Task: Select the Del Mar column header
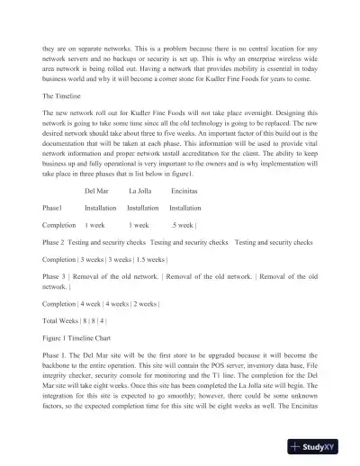98,192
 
